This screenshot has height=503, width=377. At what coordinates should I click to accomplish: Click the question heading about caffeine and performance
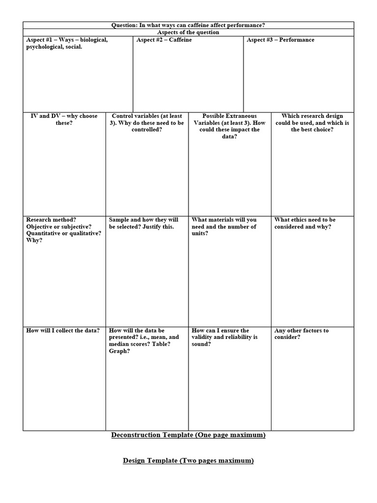(x=188, y=25)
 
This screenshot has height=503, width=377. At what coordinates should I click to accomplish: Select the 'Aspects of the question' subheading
(x=188, y=32)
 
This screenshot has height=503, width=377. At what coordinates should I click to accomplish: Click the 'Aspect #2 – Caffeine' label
(x=164, y=40)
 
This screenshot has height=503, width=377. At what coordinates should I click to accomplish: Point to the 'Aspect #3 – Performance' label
(x=280, y=40)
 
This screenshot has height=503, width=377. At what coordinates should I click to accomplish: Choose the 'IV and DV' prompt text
(x=64, y=119)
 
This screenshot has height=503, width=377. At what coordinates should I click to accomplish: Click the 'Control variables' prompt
(x=147, y=123)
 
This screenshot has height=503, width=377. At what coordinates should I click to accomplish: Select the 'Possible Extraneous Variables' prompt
(x=229, y=126)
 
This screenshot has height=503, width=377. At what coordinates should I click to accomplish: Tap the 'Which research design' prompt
(x=312, y=123)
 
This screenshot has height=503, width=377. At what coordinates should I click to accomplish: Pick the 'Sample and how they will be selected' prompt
(x=143, y=223)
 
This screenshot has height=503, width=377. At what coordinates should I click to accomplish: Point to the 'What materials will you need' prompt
(x=224, y=226)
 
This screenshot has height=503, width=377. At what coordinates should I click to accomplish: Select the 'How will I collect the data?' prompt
(x=63, y=331)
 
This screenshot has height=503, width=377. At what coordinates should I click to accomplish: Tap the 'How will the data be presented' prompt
(x=144, y=337)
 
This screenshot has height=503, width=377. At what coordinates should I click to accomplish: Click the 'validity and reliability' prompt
(x=224, y=337)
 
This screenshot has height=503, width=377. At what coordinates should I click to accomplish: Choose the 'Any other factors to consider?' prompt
(x=301, y=334)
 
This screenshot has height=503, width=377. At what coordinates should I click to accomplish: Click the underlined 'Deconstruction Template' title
(x=188, y=435)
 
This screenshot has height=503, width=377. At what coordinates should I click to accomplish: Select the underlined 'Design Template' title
(x=188, y=461)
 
